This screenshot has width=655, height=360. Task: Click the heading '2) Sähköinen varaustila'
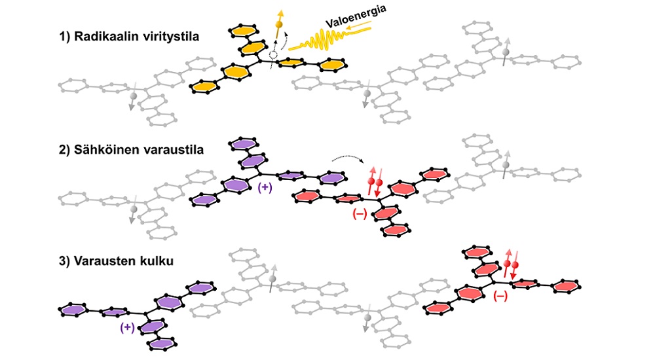click(x=130, y=150)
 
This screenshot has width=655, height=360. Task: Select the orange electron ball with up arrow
click(x=279, y=24)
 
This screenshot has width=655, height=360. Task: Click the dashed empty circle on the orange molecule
click(x=273, y=56)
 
